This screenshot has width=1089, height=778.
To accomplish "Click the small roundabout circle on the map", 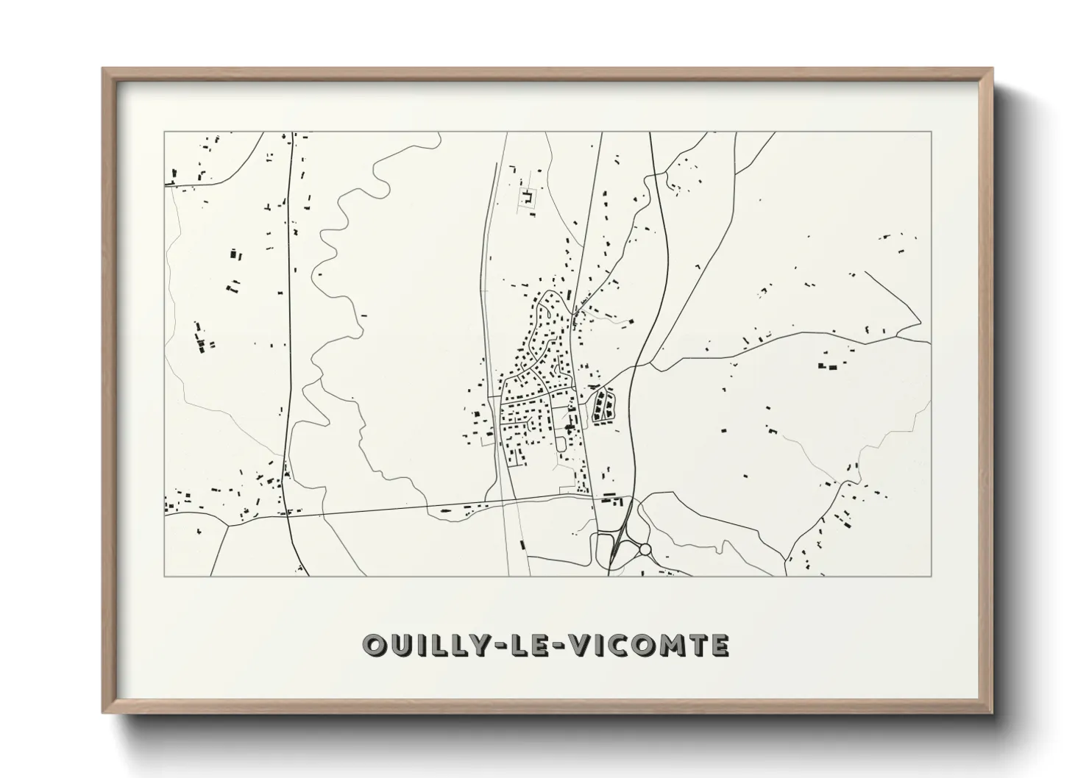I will (645, 549).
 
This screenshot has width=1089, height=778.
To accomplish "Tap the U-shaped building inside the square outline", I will (527, 197).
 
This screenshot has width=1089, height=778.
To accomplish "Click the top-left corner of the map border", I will (164, 132).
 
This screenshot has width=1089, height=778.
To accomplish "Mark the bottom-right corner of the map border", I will (931, 576).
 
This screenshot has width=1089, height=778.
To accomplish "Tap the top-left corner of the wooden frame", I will (102, 68).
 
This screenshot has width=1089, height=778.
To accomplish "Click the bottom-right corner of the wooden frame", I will (993, 713).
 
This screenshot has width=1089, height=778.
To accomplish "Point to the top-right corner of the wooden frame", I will (993, 68).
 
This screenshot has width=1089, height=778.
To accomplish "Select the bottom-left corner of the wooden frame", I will (102, 713).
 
